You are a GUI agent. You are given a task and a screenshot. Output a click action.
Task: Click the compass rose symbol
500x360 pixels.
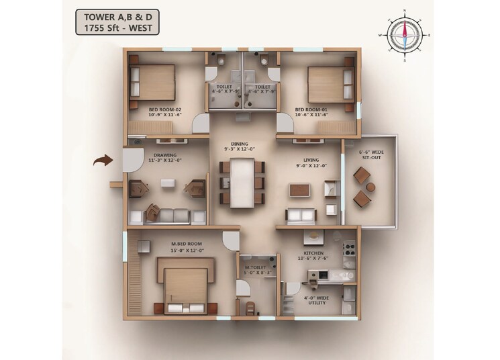tap(405, 33)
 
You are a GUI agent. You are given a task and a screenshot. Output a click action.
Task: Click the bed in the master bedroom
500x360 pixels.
tap(185, 286)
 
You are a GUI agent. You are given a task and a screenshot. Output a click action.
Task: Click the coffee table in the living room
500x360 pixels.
tap(300, 190)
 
